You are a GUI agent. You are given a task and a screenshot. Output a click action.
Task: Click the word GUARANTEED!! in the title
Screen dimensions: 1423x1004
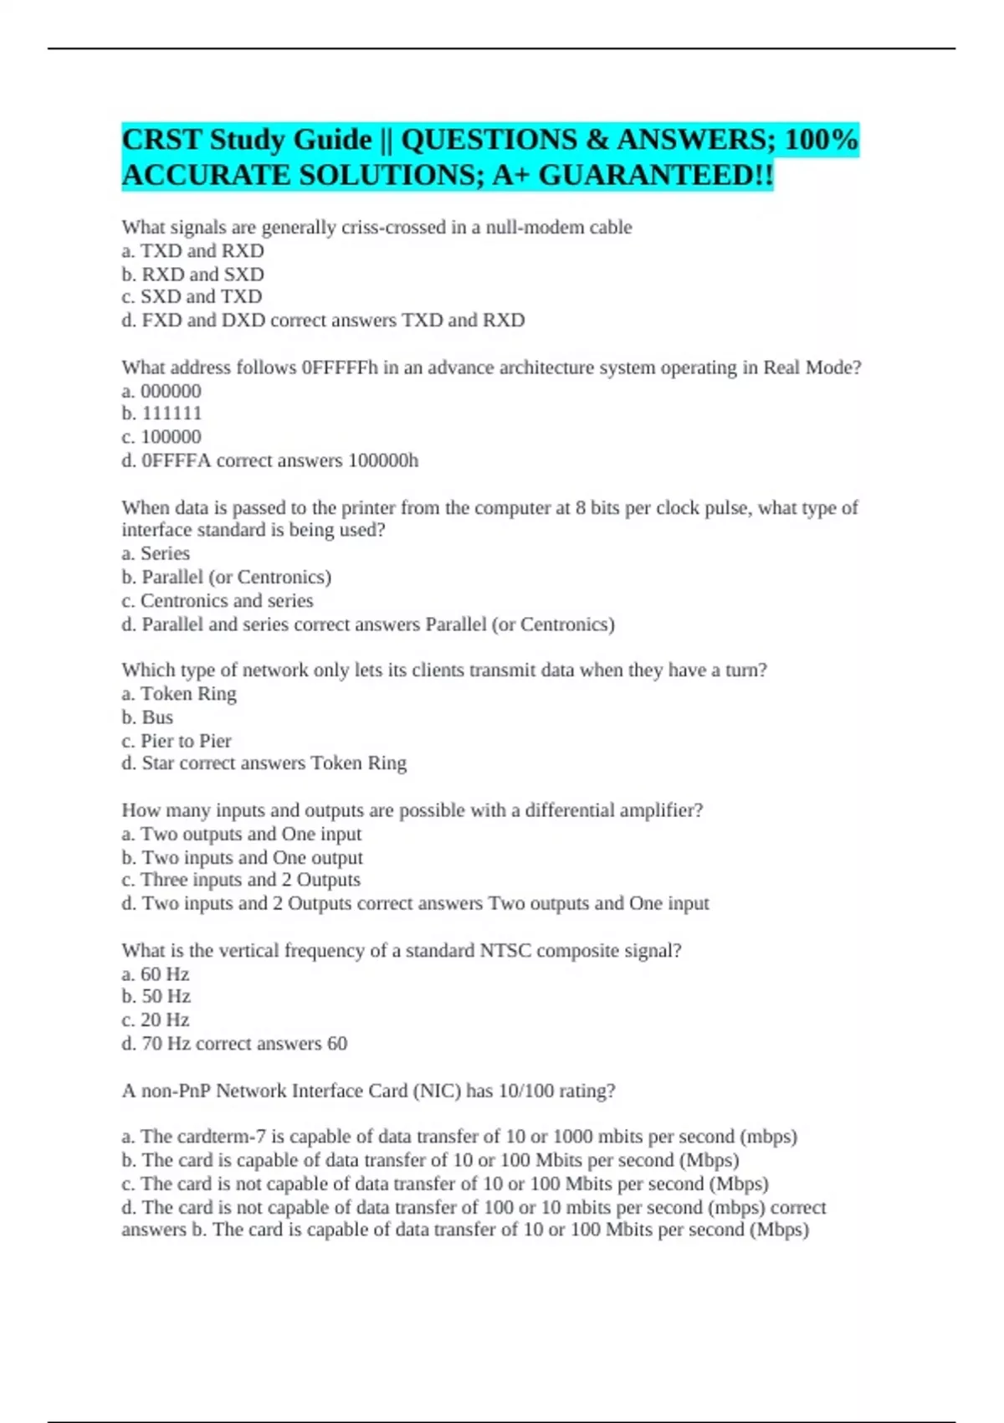[x=655, y=175]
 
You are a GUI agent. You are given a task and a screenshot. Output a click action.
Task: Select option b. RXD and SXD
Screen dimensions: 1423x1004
[x=192, y=274]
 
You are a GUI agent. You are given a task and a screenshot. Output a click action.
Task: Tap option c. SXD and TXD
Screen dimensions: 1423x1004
[x=192, y=296]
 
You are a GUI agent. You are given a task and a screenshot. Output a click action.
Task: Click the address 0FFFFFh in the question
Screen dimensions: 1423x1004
[x=340, y=367]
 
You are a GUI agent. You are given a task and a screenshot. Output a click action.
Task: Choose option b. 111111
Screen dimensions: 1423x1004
[x=161, y=413]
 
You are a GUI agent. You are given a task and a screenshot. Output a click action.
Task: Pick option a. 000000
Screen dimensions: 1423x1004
[x=161, y=390]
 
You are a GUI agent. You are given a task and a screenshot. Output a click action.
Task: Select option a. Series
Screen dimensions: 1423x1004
[x=156, y=553]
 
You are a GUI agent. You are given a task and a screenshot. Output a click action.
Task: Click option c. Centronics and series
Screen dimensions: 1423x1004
[x=218, y=600]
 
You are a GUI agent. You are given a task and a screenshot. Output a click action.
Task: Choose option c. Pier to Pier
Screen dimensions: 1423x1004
[x=177, y=740]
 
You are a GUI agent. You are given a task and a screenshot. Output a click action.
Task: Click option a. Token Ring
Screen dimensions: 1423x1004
[x=179, y=693]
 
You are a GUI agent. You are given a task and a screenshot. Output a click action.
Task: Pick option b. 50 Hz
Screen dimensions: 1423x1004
[x=156, y=996]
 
